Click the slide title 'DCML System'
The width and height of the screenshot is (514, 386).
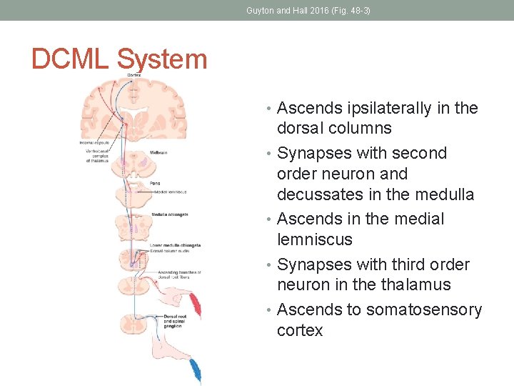[119, 59]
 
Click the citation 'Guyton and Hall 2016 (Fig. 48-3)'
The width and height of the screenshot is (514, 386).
[308, 11]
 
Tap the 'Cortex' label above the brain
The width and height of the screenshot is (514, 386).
[133, 75]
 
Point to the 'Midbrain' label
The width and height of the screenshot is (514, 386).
[158, 153]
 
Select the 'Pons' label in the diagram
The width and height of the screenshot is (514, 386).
[155, 183]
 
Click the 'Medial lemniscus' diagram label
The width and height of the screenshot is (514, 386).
[168, 192]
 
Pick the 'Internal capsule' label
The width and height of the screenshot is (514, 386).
[94, 143]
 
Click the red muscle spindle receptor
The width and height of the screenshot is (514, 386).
[196, 305]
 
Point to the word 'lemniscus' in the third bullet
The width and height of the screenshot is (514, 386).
[314, 239]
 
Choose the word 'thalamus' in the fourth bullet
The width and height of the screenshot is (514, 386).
[416, 284]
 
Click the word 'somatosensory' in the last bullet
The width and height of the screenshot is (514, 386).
[424, 310]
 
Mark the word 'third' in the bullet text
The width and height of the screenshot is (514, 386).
[409, 264]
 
